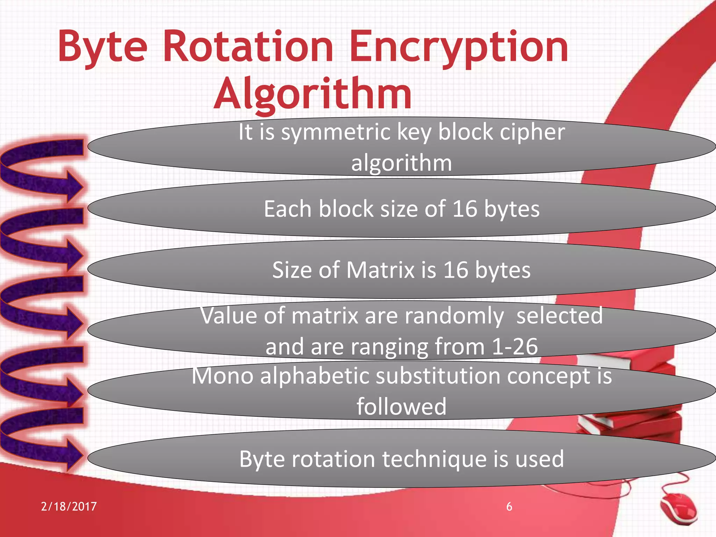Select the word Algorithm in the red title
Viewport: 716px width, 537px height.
pyautogui.click(x=313, y=94)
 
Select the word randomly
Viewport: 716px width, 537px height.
pyautogui.click(x=454, y=316)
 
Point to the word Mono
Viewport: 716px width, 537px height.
pyautogui.click(x=222, y=376)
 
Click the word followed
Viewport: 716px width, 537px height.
pyautogui.click(x=401, y=407)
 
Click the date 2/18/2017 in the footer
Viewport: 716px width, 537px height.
pyautogui.click(x=69, y=507)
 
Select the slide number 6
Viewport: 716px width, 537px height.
pyautogui.click(x=509, y=507)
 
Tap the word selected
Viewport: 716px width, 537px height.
pyautogui.click(x=559, y=316)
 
